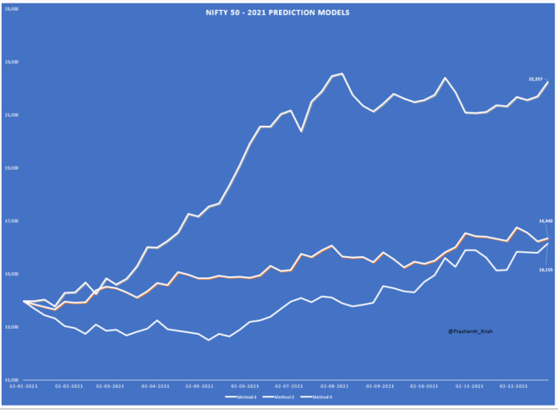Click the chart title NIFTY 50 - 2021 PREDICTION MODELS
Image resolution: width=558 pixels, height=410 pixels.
click(x=278, y=13)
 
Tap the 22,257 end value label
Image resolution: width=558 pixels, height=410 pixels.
click(x=535, y=79)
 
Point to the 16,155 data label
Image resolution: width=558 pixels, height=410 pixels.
click(x=544, y=270)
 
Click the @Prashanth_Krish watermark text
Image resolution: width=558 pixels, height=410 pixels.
click(x=470, y=331)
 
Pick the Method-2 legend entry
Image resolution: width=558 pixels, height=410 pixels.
click(x=278, y=396)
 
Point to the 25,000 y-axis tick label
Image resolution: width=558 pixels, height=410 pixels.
click(x=13, y=8)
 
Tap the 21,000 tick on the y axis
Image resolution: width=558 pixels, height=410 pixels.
click(x=13, y=115)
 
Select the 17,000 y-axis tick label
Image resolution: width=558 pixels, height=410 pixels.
click(x=13, y=221)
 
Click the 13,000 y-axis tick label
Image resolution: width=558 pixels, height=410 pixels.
click(x=13, y=327)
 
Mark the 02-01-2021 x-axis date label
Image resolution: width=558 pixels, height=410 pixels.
click(x=23, y=385)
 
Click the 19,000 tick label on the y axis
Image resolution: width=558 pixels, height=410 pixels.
click(x=13, y=168)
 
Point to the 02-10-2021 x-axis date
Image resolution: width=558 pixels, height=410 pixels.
click(x=424, y=385)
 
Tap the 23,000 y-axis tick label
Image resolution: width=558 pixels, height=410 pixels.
click(x=13, y=62)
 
